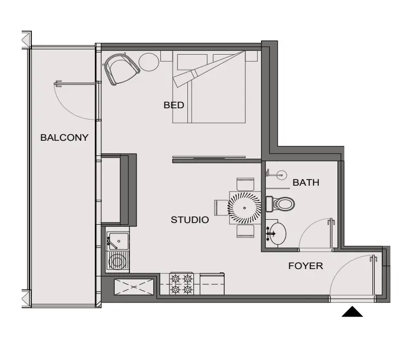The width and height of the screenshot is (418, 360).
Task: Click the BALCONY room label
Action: [x=64, y=138]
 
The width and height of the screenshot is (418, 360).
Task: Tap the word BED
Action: [x=174, y=105]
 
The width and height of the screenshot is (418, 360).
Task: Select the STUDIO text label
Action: [x=190, y=220]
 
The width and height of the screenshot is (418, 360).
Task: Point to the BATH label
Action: [x=306, y=182]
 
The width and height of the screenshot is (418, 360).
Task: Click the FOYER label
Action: [x=306, y=266]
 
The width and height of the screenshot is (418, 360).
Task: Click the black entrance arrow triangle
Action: [x=352, y=311]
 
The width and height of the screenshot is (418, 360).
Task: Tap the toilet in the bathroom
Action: [x=280, y=204]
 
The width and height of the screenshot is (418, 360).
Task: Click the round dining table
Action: [x=244, y=208]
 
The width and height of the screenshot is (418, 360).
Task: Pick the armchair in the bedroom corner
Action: [x=122, y=69]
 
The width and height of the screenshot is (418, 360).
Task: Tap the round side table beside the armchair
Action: [x=149, y=62]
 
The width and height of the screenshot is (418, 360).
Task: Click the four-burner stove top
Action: [x=181, y=284]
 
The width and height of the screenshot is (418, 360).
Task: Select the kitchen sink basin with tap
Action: [x=118, y=241]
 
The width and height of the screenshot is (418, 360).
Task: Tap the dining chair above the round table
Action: [x=245, y=185]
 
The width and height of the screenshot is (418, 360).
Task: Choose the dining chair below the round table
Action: [x=245, y=231]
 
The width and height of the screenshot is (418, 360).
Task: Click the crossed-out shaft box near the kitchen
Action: [x=134, y=287]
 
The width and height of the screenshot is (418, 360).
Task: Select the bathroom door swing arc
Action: [x=311, y=230]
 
